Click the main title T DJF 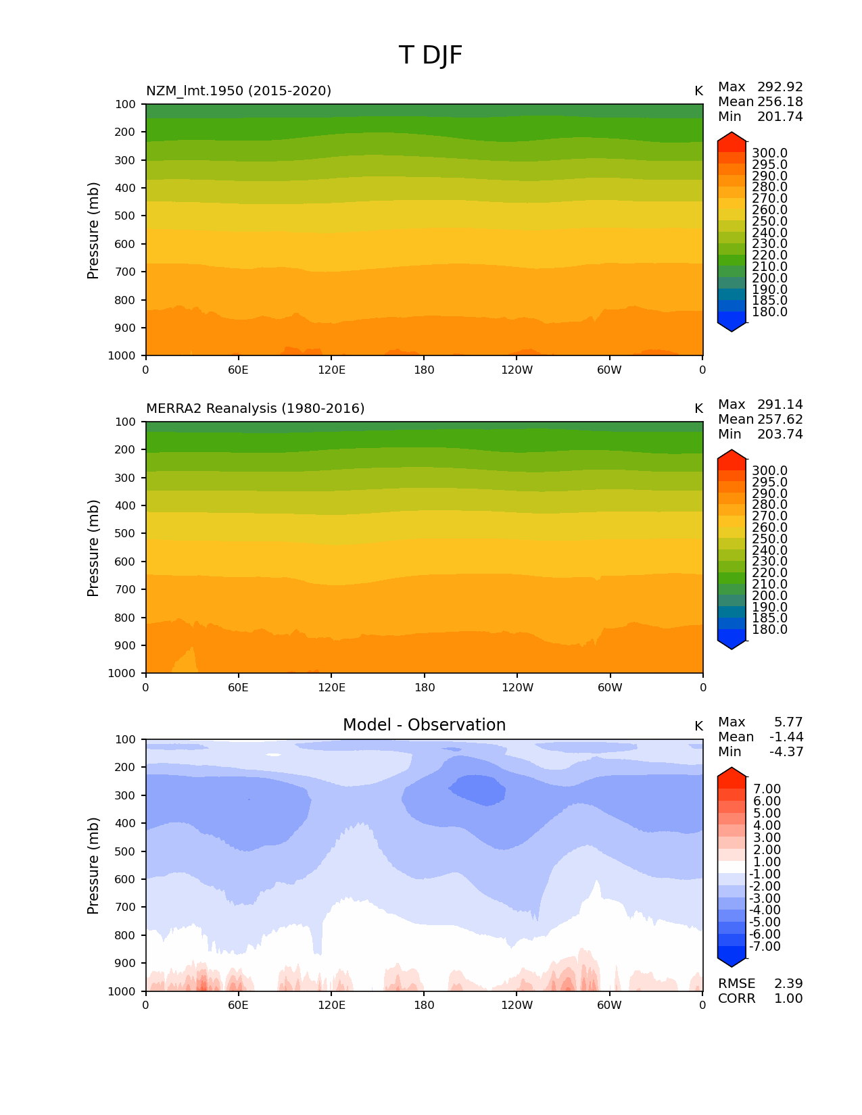[431, 55]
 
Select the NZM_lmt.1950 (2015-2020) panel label [239, 91]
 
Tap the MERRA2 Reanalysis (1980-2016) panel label [255, 408]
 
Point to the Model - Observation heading [424, 725]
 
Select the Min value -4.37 [786, 752]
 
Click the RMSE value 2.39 [788, 984]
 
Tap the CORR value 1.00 [788, 999]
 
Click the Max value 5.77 [788, 722]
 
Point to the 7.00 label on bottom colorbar [767, 789]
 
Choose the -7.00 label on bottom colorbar [765, 947]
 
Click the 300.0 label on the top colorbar [769, 153]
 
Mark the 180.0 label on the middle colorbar [769, 630]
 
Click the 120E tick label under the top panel [331, 370]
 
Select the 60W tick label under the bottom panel [609, 1005]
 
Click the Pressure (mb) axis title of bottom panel [93, 866]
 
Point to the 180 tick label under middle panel [424, 687]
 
